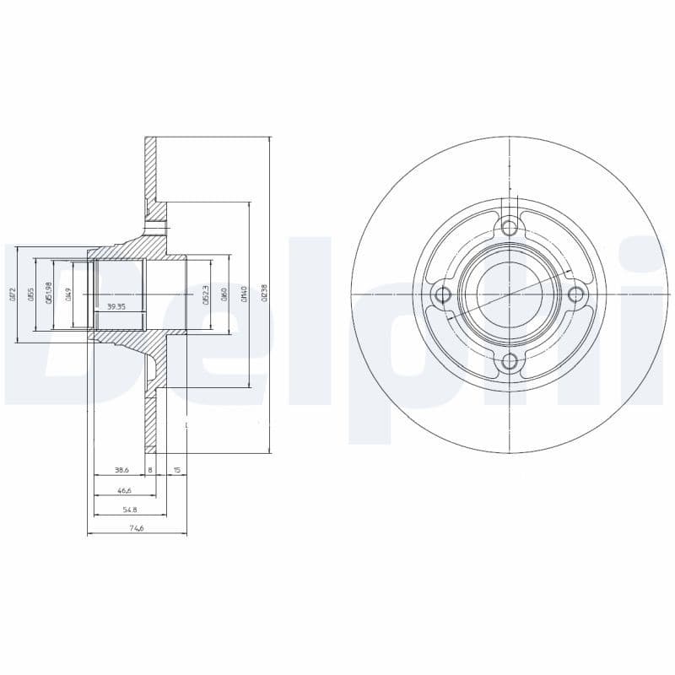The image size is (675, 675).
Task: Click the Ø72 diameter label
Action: pos(13,294)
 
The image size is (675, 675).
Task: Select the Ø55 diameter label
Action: pos(32,294)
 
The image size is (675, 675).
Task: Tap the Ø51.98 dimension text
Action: pos(51,294)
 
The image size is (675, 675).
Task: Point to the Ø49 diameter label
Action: pos(69,294)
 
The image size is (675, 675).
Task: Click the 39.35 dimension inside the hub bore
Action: pos(116,307)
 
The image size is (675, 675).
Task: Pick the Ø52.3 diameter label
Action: pos(205,294)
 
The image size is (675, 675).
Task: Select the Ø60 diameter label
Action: pos(224,294)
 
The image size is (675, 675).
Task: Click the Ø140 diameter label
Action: pos(244,294)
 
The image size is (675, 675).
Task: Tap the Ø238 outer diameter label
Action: pos(264,294)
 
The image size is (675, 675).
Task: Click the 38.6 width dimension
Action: pos(121,469)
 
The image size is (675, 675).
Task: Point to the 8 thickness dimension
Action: pos(150,469)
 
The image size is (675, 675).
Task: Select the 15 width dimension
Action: pos(176,469)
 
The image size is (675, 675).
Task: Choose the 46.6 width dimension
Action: pos(124,489)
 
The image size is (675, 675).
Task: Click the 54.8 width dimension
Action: pos(129,510)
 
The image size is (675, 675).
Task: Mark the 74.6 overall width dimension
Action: pos(136,529)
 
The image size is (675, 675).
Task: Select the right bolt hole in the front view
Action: pos(576,294)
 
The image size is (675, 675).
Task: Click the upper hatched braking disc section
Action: pos(150,169)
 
